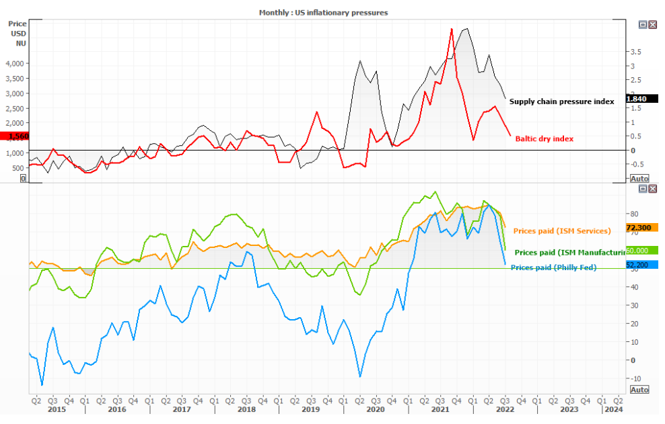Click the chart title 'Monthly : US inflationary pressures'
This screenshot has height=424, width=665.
pyautogui.click(x=323, y=12)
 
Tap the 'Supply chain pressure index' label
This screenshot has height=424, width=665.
pyautogui.click(x=561, y=101)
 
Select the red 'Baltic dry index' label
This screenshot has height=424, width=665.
pyautogui.click(x=544, y=138)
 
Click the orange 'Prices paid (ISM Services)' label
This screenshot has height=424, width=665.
pyautogui.click(x=561, y=230)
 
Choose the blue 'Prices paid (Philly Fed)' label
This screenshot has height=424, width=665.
pyautogui.click(x=553, y=267)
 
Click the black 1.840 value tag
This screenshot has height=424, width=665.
pyautogui.click(x=637, y=99)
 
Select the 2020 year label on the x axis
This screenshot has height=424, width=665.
pyautogui.click(x=374, y=409)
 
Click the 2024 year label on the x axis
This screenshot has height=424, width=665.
pyautogui.click(x=612, y=409)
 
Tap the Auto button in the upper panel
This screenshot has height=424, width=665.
pyautogui.click(x=639, y=178)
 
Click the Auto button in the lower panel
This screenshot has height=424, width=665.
pyautogui.click(x=639, y=389)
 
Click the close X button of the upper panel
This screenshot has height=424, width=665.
pyautogui.click(x=652, y=24)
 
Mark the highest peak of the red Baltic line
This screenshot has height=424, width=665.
pyautogui.click(x=451, y=28)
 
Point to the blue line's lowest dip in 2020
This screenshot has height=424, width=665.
pyautogui.click(x=360, y=377)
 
